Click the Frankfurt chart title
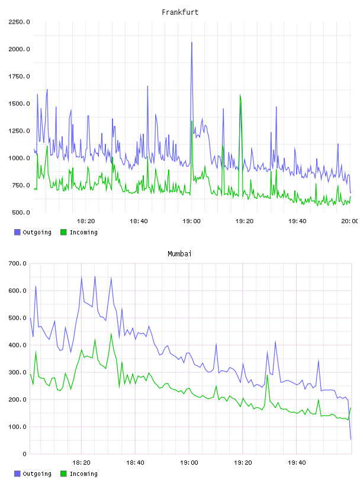(180, 12)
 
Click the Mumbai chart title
(179, 254)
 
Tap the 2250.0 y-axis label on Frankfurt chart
(19, 22)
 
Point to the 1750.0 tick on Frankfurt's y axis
(19, 76)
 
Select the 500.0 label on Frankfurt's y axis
(21, 212)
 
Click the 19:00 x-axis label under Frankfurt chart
(191, 221)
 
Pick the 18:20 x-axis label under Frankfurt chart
(86, 221)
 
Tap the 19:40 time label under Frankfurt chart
(297, 221)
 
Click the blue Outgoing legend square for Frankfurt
(17, 232)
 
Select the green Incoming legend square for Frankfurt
(63, 232)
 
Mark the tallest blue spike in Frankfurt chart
(192, 43)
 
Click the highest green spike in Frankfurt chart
(240, 95)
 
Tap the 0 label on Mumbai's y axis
(24, 454)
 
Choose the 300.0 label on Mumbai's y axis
(17, 372)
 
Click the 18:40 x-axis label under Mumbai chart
(135, 463)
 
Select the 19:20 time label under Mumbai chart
(243, 463)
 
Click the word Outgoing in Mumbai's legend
(37, 474)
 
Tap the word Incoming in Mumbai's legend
(83, 474)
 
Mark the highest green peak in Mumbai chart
(111, 334)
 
